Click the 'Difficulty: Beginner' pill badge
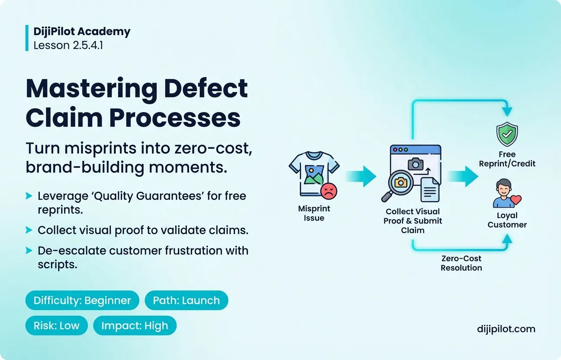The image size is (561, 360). coord(82,300)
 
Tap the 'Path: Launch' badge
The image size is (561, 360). coord(186,300)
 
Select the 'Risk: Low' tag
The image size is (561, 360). coord(57,325)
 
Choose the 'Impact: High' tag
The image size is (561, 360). coord(135,325)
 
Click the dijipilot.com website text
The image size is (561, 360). coord(506,329)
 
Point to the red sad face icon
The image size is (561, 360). coord(329,191)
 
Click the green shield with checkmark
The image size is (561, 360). coord(507,134)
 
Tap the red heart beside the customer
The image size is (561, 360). coord(516,200)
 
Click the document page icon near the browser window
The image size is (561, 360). coord(430,190)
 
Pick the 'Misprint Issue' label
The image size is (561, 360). coord(314,213)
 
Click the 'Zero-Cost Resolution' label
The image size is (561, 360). coord(461,263)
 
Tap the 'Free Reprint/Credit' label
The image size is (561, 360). coord(507,159)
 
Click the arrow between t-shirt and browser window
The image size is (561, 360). coord(361,176)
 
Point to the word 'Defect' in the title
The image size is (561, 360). coord(206,88)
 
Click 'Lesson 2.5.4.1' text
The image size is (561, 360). coord(68,45)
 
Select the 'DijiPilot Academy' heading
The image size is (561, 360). coord(82,32)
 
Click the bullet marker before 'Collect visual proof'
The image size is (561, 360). coord(29,230)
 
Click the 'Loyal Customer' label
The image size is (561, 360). coord(507,220)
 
